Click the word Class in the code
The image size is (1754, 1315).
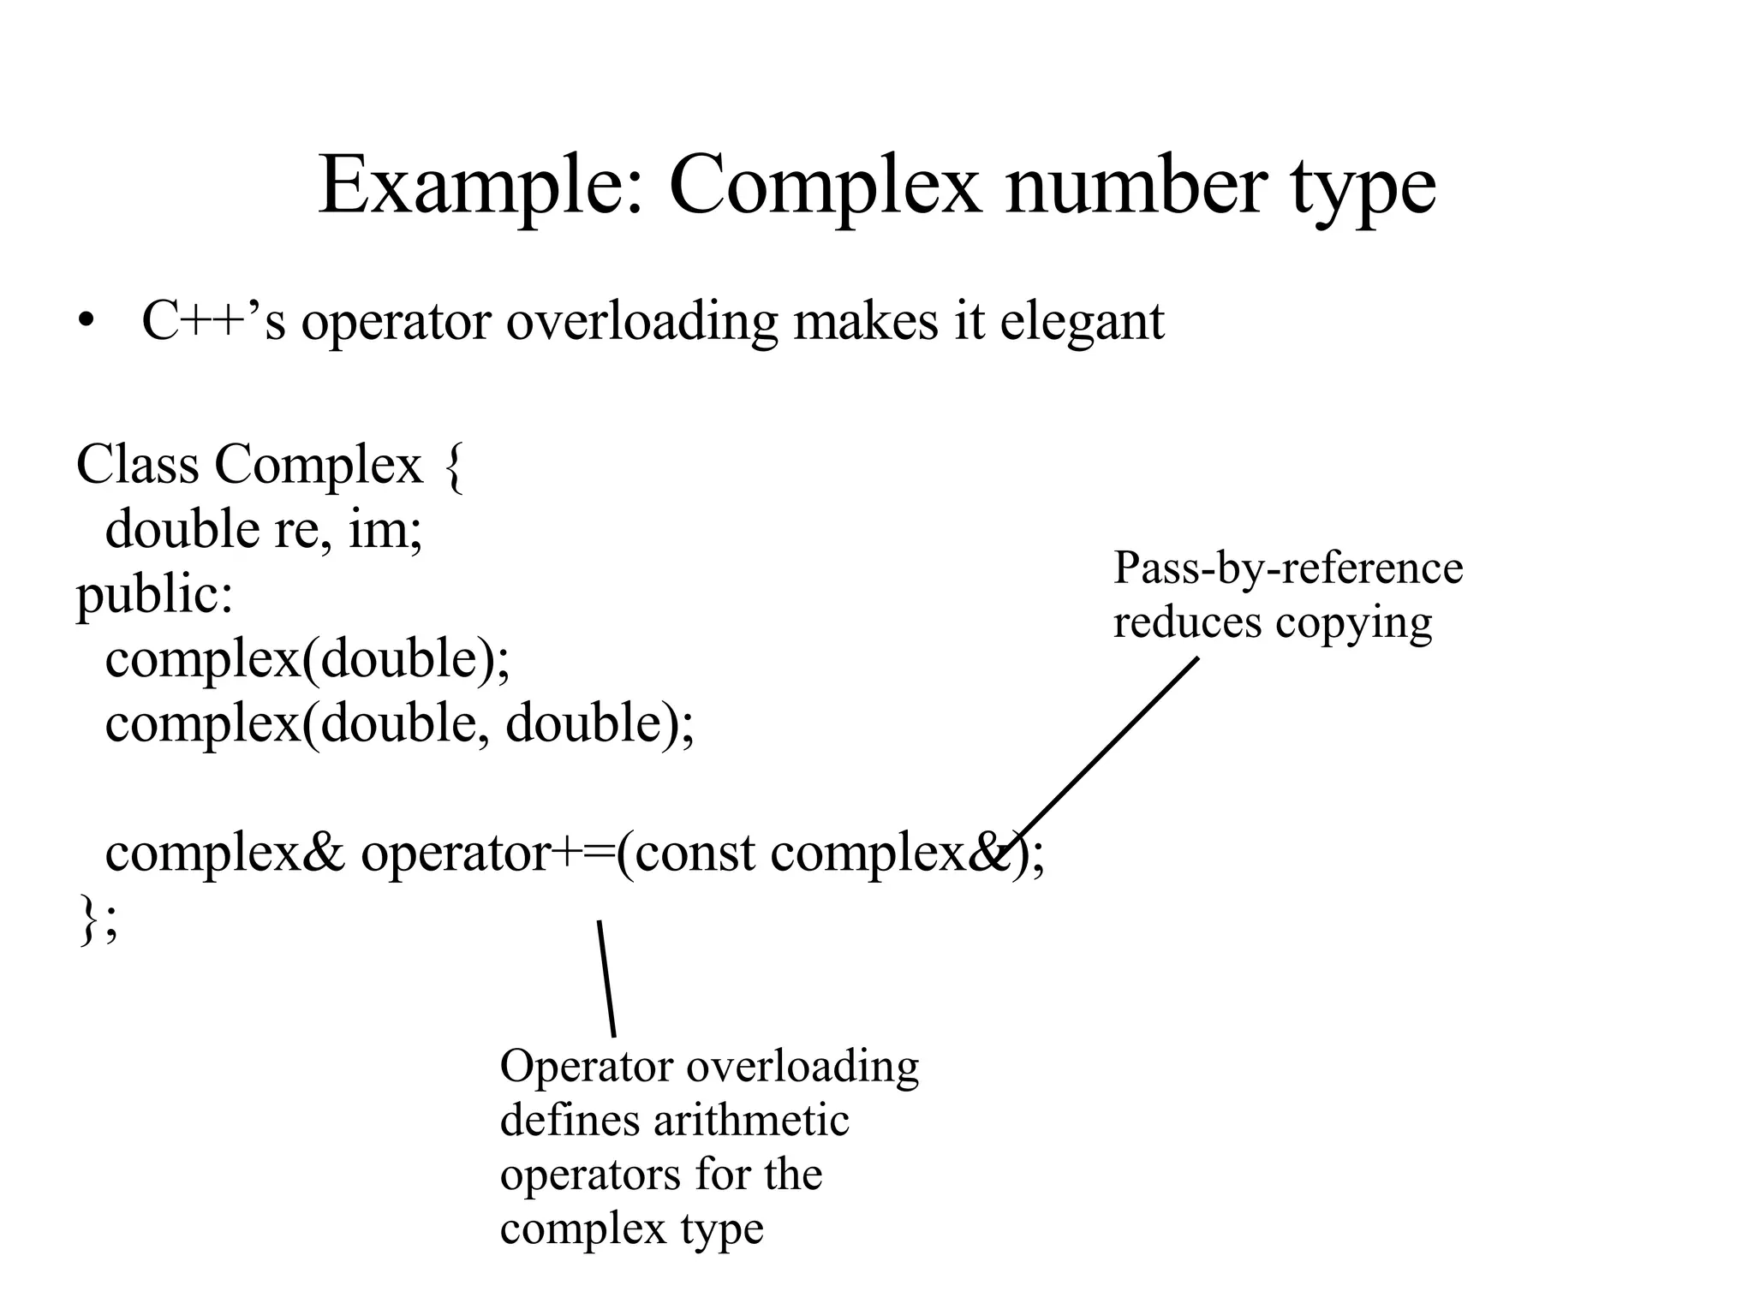[x=137, y=465]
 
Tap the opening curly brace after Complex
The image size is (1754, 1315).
[x=455, y=467]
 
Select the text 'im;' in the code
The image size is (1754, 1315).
[x=385, y=530]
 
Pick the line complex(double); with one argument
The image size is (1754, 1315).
[x=307, y=659]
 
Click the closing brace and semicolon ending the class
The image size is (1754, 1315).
[x=98, y=920]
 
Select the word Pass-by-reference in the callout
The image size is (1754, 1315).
[x=1288, y=568]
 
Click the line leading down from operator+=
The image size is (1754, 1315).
[x=606, y=978]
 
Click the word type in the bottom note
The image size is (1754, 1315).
[x=722, y=1230]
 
